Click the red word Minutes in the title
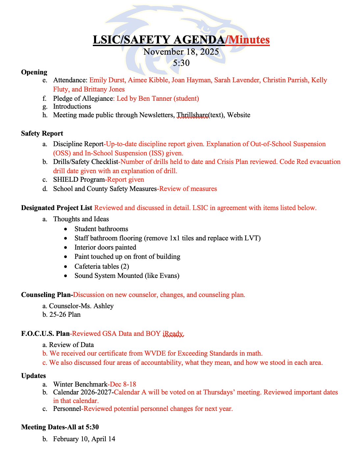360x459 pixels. pos(249,40)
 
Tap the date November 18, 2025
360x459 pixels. pos(181,52)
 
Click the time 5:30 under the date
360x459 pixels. pos(181,63)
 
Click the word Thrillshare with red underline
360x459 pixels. pos(192,115)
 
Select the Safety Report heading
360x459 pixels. pos(42,133)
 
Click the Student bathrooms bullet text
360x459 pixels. pos(101,229)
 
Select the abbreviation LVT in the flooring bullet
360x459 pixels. pos(252,238)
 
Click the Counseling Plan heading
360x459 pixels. pos(47,295)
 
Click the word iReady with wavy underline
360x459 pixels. pos(173,334)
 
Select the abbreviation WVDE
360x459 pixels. pos(155,353)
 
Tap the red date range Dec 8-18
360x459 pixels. pos(123,384)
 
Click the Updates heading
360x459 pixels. pos(34,376)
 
